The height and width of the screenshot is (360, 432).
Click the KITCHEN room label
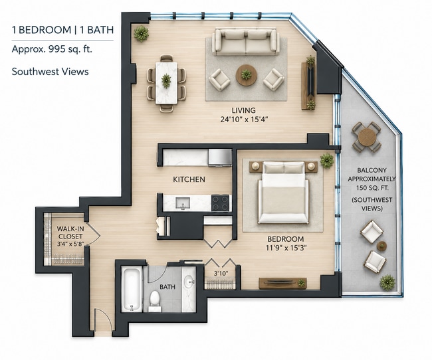click(189, 179)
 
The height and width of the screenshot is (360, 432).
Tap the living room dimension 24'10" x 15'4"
click(244, 120)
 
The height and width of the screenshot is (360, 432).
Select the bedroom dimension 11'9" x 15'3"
click(285, 248)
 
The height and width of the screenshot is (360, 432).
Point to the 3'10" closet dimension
click(221, 274)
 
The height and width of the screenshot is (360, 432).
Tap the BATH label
click(167, 287)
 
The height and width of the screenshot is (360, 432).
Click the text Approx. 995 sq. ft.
click(52, 49)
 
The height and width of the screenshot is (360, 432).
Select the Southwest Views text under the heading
click(50, 72)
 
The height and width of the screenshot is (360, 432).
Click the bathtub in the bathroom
click(132, 289)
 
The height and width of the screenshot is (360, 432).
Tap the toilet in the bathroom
click(155, 301)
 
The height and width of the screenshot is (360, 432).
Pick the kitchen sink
click(183, 203)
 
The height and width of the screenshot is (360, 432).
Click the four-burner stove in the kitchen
click(220, 203)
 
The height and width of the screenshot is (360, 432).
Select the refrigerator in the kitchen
click(220, 157)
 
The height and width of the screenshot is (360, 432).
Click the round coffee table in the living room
click(247, 75)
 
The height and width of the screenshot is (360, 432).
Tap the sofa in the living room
click(245, 41)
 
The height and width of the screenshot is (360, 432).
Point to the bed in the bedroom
click(283, 192)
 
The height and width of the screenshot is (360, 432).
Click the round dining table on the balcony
click(367, 137)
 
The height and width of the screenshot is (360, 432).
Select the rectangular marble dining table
click(166, 82)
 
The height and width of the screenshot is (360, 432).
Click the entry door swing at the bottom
click(103, 319)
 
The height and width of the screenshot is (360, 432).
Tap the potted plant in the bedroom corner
click(327, 161)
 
